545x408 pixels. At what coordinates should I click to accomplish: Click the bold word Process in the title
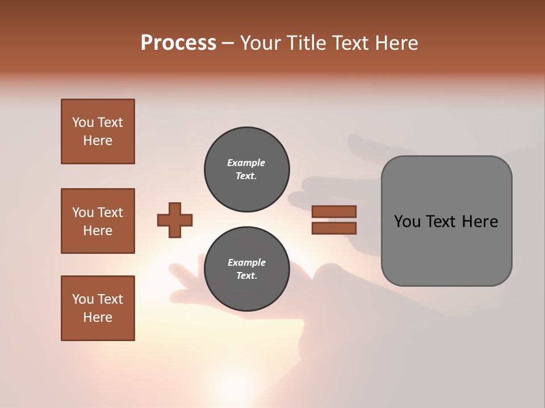pyautogui.click(x=178, y=43)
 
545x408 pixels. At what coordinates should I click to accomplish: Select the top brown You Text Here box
pyautogui.click(x=98, y=131)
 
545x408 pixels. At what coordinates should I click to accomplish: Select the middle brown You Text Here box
pyautogui.click(x=98, y=221)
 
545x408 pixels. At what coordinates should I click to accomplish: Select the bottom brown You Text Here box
pyautogui.click(x=98, y=308)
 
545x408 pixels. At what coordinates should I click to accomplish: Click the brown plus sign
pyautogui.click(x=175, y=220)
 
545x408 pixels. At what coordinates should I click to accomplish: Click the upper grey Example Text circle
pyautogui.click(x=246, y=169)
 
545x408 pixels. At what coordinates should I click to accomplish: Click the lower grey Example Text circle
pyautogui.click(x=246, y=269)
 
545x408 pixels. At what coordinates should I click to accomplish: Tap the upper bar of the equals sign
pyautogui.click(x=334, y=211)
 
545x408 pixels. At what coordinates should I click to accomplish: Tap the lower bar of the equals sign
pyautogui.click(x=334, y=228)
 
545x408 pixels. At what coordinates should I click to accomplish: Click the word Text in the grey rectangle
pyautogui.click(x=441, y=222)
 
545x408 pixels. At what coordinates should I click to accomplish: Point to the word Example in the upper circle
pyautogui.click(x=246, y=163)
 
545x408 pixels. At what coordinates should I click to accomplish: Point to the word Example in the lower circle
pyautogui.click(x=246, y=262)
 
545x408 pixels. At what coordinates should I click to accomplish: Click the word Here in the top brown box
pyautogui.click(x=98, y=141)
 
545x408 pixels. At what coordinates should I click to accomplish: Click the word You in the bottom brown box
pyautogui.click(x=83, y=299)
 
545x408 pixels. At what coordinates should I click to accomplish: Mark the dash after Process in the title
pyautogui.click(x=228, y=43)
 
